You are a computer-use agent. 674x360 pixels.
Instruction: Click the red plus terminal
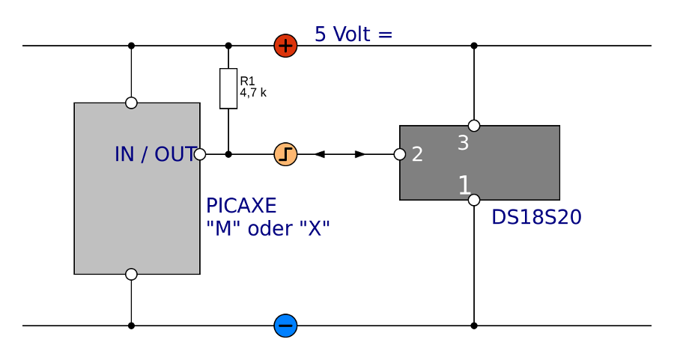point(285,46)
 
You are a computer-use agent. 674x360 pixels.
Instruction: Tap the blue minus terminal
point(285,326)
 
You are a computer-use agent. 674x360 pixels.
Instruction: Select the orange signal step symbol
point(285,154)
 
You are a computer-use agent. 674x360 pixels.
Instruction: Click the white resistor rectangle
point(228,88)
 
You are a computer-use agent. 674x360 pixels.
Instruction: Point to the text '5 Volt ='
point(353,34)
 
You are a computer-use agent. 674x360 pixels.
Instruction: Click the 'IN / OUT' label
point(155,155)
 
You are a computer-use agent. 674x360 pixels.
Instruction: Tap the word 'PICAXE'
point(241,206)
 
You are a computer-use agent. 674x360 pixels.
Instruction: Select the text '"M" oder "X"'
point(267,229)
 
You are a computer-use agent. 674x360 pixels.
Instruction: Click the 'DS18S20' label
point(536,218)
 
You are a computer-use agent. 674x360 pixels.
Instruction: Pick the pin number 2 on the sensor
point(417,155)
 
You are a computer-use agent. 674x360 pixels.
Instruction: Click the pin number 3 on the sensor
point(463,143)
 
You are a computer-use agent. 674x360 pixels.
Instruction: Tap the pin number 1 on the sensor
point(464,186)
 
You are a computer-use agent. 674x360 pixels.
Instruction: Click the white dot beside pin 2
point(400,154)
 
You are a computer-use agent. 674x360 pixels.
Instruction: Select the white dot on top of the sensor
point(474,126)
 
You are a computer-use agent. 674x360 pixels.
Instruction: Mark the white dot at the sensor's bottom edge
point(474,200)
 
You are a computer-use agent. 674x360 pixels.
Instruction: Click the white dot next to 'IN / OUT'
point(200,154)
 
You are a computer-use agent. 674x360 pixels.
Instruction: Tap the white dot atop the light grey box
point(131,103)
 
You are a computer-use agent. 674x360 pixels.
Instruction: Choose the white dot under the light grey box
point(131,274)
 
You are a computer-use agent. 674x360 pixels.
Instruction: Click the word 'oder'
point(270,229)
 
